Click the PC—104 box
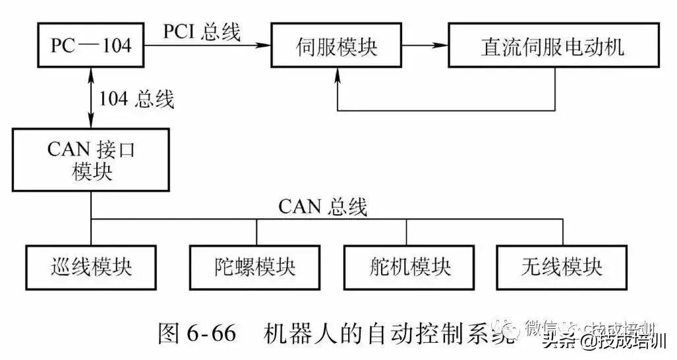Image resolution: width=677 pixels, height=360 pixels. tap(91, 45)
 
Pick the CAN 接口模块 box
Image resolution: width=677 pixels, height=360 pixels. tap(91, 159)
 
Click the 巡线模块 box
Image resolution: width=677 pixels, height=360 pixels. tap(91, 267)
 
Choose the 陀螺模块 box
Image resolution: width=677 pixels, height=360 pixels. tap(255, 267)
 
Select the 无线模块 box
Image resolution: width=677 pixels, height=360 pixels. tap(562, 267)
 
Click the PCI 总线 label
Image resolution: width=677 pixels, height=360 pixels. tap(201, 31)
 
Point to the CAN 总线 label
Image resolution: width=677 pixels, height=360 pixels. tap(322, 206)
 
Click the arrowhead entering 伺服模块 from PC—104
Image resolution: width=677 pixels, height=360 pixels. tap(265, 45)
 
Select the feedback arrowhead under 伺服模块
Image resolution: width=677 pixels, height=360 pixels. tap(339, 74)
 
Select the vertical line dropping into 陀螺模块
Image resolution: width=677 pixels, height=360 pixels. tap(256, 232)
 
